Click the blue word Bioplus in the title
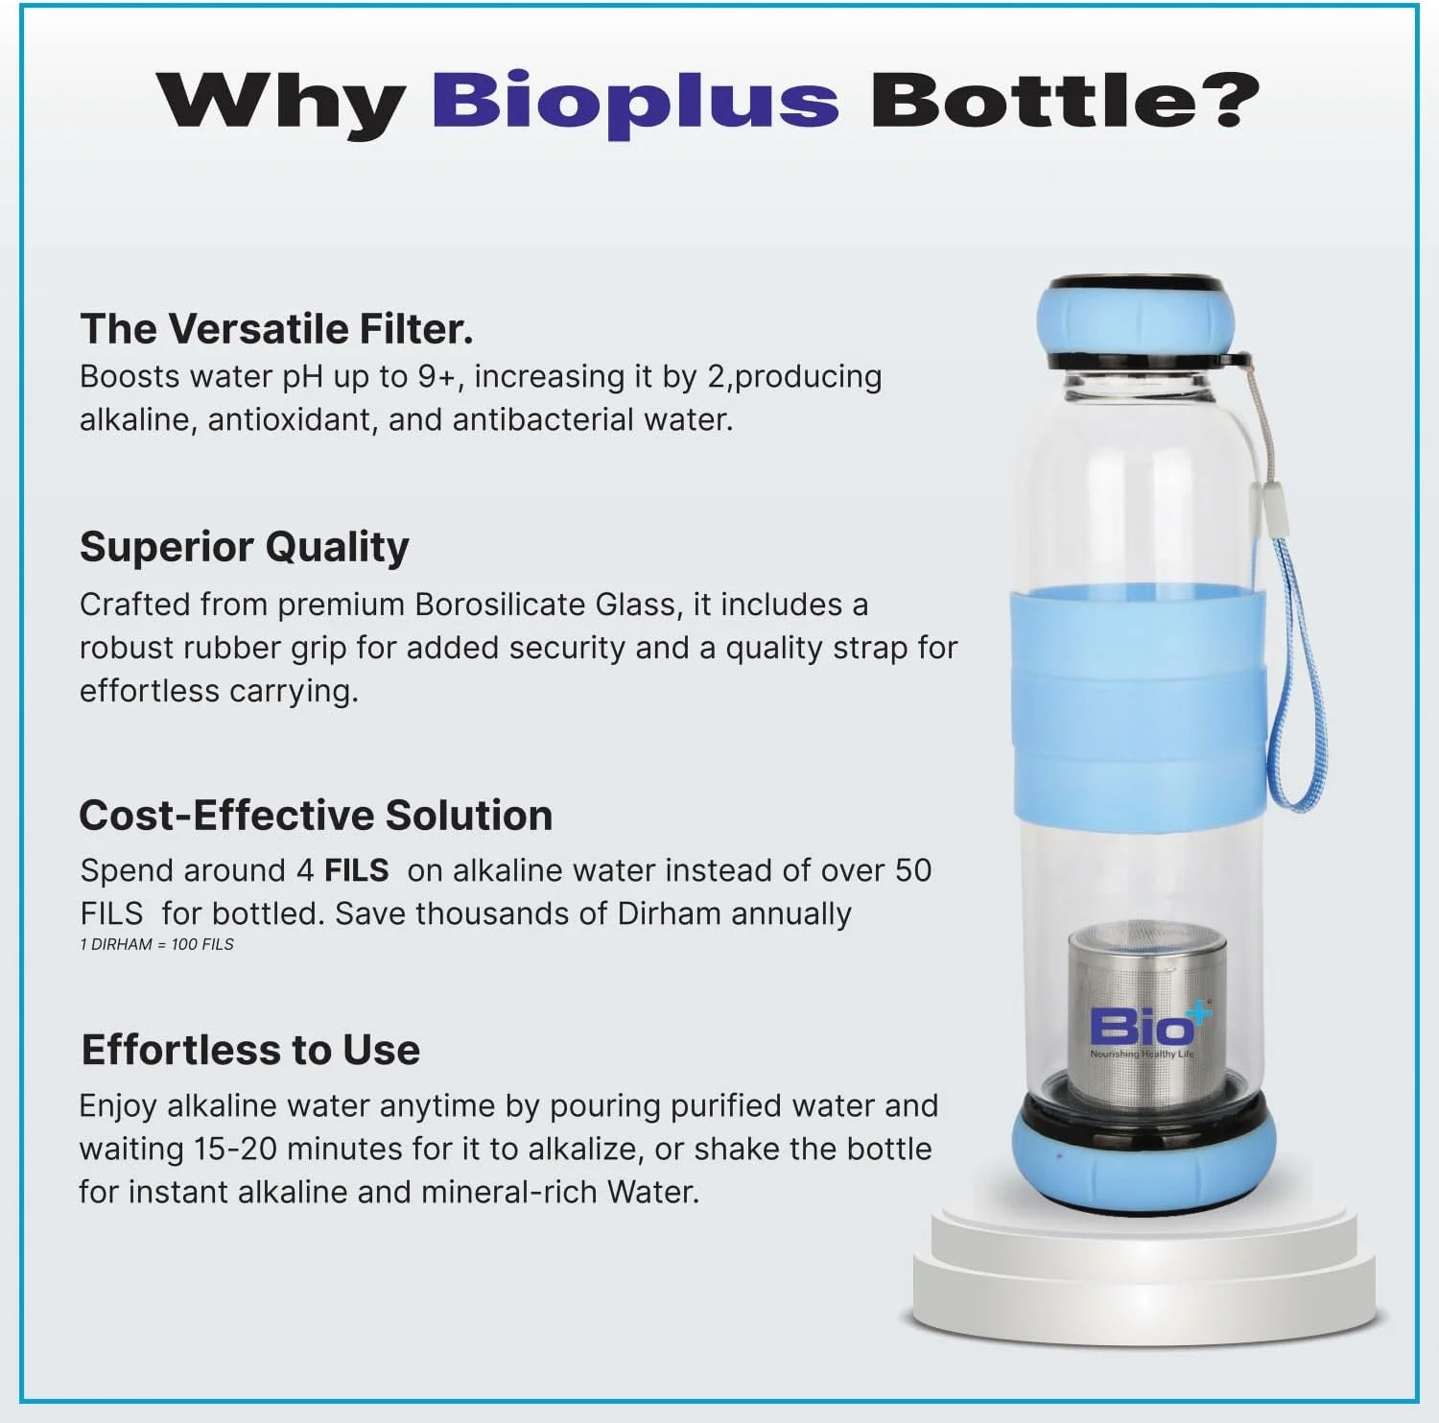click(635, 101)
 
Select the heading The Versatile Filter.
click(276, 329)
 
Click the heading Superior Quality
click(245, 547)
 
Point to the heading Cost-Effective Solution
click(316, 816)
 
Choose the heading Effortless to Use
click(250, 1050)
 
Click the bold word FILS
click(356, 870)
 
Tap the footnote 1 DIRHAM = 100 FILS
click(156, 944)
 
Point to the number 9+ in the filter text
click(436, 376)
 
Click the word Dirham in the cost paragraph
click(669, 913)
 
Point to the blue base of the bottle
click(1144, 1166)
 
